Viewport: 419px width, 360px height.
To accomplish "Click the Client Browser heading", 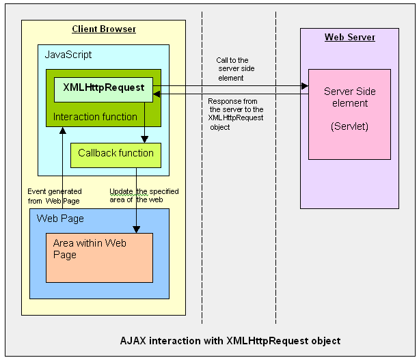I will (x=104, y=29).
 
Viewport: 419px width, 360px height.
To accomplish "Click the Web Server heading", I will (x=349, y=37).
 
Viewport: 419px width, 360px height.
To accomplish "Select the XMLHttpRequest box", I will (x=103, y=88).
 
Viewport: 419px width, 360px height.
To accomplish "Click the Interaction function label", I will (x=95, y=117).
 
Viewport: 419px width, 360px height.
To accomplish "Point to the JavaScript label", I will (x=68, y=55).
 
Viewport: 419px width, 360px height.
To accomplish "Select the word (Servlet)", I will (x=349, y=126).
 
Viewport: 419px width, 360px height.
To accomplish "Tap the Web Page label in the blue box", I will (x=60, y=219).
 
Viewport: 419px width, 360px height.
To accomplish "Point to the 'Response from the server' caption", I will (x=236, y=113).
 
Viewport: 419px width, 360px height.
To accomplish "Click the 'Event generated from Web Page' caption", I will (x=55, y=195).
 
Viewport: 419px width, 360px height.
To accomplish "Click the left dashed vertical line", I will (x=202, y=205).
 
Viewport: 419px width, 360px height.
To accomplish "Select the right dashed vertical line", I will (x=276, y=205).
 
